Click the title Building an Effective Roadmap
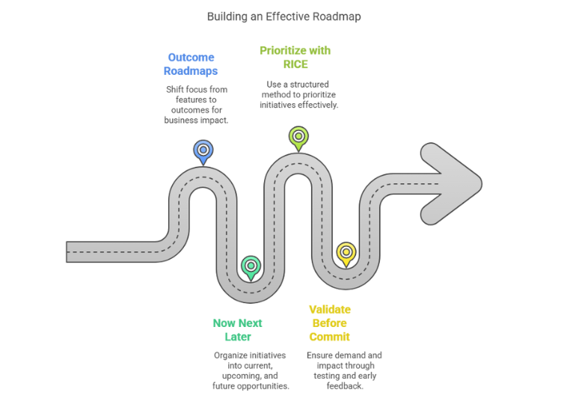[x=280, y=16]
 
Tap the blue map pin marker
[x=203, y=150]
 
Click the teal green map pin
[x=251, y=266]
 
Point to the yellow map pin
[x=345, y=253]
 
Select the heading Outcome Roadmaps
[x=191, y=64]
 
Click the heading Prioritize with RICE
[x=295, y=58]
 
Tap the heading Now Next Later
[x=237, y=330]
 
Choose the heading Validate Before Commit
[x=330, y=322]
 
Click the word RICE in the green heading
[x=295, y=64]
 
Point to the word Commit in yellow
[x=330, y=337]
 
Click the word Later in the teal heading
[x=237, y=337]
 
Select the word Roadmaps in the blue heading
[x=191, y=71]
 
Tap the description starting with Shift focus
[x=196, y=105]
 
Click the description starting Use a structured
[x=298, y=95]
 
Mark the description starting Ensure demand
[x=344, y=370]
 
